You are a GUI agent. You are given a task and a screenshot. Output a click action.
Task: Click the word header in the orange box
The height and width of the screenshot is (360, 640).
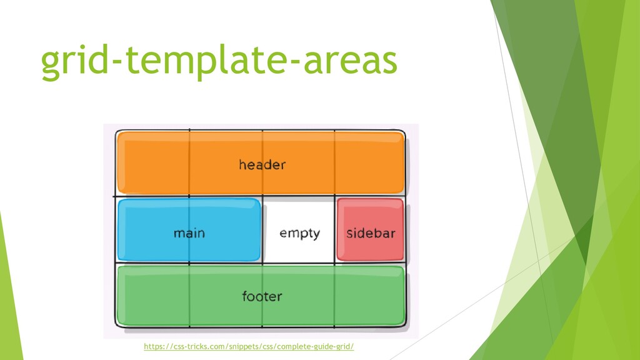(x=262, y=165)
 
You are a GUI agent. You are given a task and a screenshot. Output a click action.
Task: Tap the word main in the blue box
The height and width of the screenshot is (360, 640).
(x=189, y=233)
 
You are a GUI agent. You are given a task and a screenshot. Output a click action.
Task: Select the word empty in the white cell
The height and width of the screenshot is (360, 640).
(x=299, y=233)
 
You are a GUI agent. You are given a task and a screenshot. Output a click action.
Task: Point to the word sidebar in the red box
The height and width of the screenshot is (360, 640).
(x=371, y=233)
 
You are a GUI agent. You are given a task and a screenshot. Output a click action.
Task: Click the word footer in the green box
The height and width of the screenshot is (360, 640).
(x=262, y=296)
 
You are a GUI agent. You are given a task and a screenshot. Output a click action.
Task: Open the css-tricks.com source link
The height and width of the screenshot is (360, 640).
(x=249, y=346)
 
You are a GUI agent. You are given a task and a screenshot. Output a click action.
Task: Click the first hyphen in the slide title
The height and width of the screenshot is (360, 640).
(x=119, y=62)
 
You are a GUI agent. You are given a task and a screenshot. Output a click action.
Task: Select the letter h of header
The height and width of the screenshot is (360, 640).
(x=242, y=165)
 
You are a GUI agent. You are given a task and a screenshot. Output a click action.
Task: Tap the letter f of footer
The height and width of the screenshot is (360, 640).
(x=245, y=296)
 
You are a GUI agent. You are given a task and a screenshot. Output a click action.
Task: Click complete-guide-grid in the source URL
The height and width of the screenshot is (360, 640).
(x=318, y=346)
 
